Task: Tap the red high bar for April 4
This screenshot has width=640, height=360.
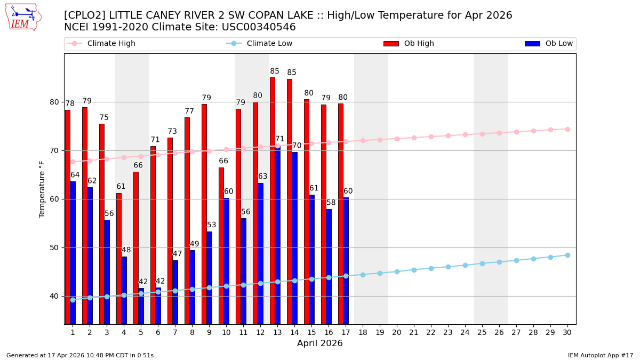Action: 119,258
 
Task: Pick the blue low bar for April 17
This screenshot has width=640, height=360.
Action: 346,261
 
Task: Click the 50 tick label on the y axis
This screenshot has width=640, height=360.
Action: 54,247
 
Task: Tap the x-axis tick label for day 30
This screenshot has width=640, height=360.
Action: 567,332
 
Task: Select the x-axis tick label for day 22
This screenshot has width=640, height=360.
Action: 431,332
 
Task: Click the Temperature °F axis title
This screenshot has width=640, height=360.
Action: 42,189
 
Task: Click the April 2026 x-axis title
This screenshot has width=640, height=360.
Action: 320,343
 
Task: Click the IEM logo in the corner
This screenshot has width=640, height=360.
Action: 23,17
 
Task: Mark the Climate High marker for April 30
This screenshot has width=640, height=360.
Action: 567,129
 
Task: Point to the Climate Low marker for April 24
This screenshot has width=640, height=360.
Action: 465,265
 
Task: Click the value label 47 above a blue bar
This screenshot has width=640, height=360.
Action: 178,254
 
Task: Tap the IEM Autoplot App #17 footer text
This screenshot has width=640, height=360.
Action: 600,355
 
